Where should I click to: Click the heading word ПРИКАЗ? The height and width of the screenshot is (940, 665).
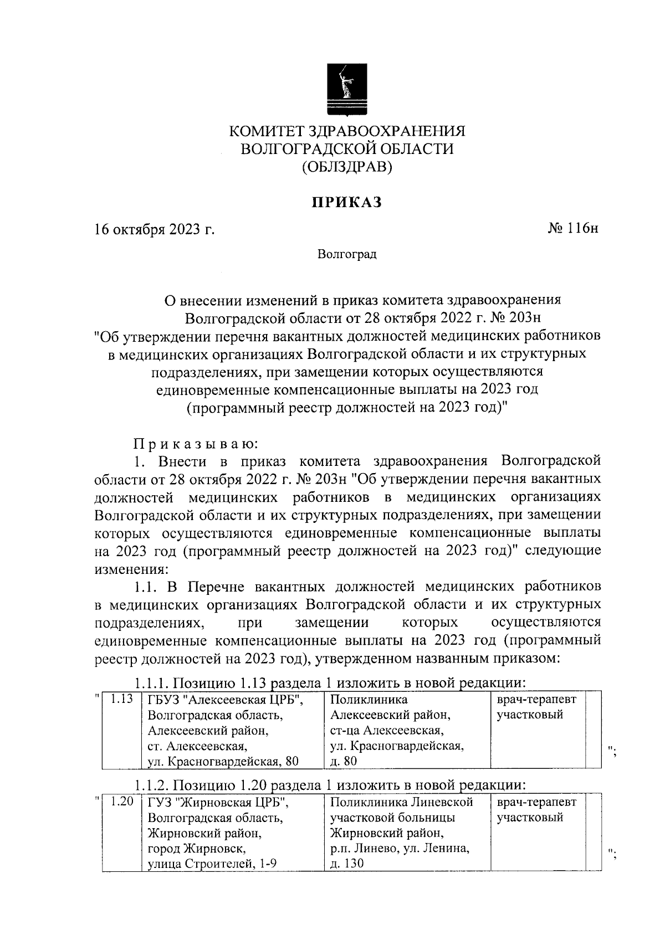click(346, 203)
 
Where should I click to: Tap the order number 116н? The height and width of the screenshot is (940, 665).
click(574, 228)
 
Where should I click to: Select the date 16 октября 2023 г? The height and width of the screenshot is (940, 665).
click(154, 229)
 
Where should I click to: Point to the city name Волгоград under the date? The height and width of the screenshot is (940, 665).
click(347, 254)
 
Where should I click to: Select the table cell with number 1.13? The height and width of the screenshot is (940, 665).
click(122, 699)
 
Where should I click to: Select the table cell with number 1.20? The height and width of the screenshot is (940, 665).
click(122, 802)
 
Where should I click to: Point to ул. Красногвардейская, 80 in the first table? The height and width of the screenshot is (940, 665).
click(223, 762)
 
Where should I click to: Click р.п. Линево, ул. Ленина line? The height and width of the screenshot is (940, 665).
click(400, 849)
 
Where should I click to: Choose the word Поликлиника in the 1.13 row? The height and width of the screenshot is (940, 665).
click(369, 700)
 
